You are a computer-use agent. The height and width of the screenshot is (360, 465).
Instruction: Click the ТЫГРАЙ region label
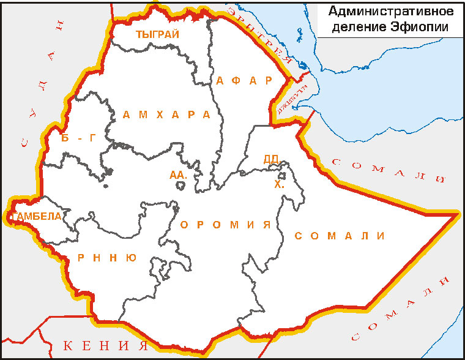pyautogui.click(x=158, y=34)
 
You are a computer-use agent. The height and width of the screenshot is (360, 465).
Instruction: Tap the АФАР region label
pyautogui.click(x=244, y=81)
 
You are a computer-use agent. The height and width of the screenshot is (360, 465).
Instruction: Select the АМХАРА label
pyautogui.click(x=166, y=114)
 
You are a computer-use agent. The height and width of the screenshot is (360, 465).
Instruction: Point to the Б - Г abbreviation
pyautogui.click(x=80, y=138)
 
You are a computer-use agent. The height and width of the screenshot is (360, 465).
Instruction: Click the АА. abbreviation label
pyautogui.click(x=178, y=175)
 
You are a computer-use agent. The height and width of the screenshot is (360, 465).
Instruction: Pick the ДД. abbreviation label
pyautogui.click(x=271, y=159)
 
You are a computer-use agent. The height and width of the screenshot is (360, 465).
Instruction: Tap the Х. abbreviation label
pyautogui.click(x=280, y=183)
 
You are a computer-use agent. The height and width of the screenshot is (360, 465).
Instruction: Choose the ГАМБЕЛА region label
pyautogui.click(x=38, y=216)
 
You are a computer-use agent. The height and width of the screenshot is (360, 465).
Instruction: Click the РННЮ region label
pyautogui.click(x=107, y=258)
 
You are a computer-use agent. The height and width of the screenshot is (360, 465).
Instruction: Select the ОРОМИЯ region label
pyautogui.click(x=225, y=225)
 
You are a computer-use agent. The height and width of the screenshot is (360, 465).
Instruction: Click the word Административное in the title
pyautogui.click(x=390, y=12)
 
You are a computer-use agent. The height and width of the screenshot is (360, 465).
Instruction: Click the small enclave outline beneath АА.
pyautogui.click(x=180, y=186)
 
